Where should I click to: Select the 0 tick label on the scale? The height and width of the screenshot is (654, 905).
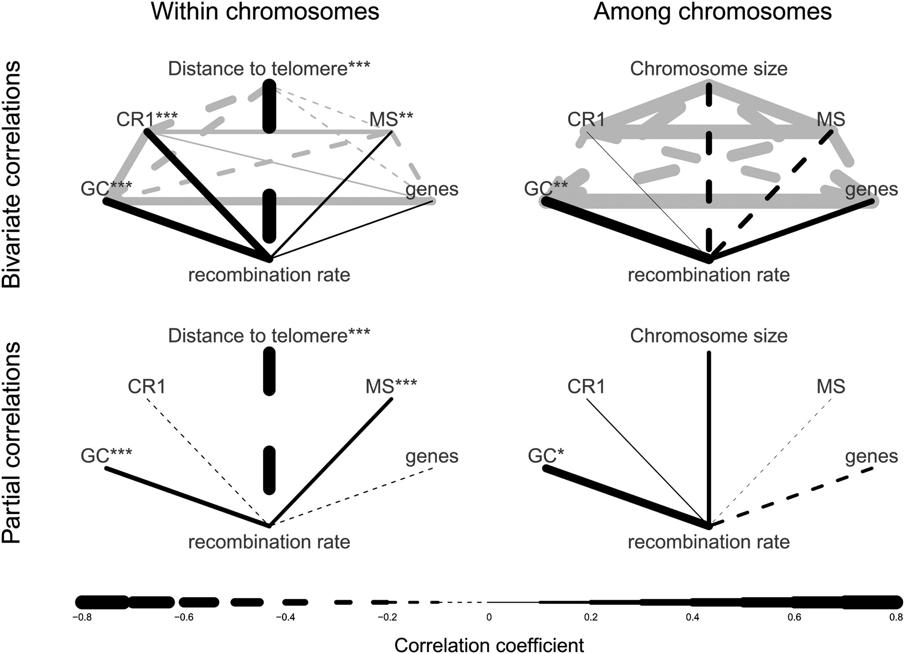coord(489,617)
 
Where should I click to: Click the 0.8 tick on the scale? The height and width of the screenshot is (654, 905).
coord(896,617)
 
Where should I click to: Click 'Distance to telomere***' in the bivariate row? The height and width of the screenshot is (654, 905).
coord(269,69)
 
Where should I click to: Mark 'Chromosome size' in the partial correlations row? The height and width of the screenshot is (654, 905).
coord(708,336)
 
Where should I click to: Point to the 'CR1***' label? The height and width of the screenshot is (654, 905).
coord(147,120)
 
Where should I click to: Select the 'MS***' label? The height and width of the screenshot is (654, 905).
coord(391,387)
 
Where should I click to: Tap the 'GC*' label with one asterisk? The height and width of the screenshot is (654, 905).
coord(546,456)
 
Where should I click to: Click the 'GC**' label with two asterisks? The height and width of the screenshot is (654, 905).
coord(546,189)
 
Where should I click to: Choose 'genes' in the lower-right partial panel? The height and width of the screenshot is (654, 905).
coord(871,456)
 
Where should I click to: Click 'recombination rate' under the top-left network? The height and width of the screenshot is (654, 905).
coord(269,275)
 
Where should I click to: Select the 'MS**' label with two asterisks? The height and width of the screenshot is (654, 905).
coord(391,120)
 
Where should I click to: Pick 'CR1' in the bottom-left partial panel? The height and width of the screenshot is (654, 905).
coord(147,387)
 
